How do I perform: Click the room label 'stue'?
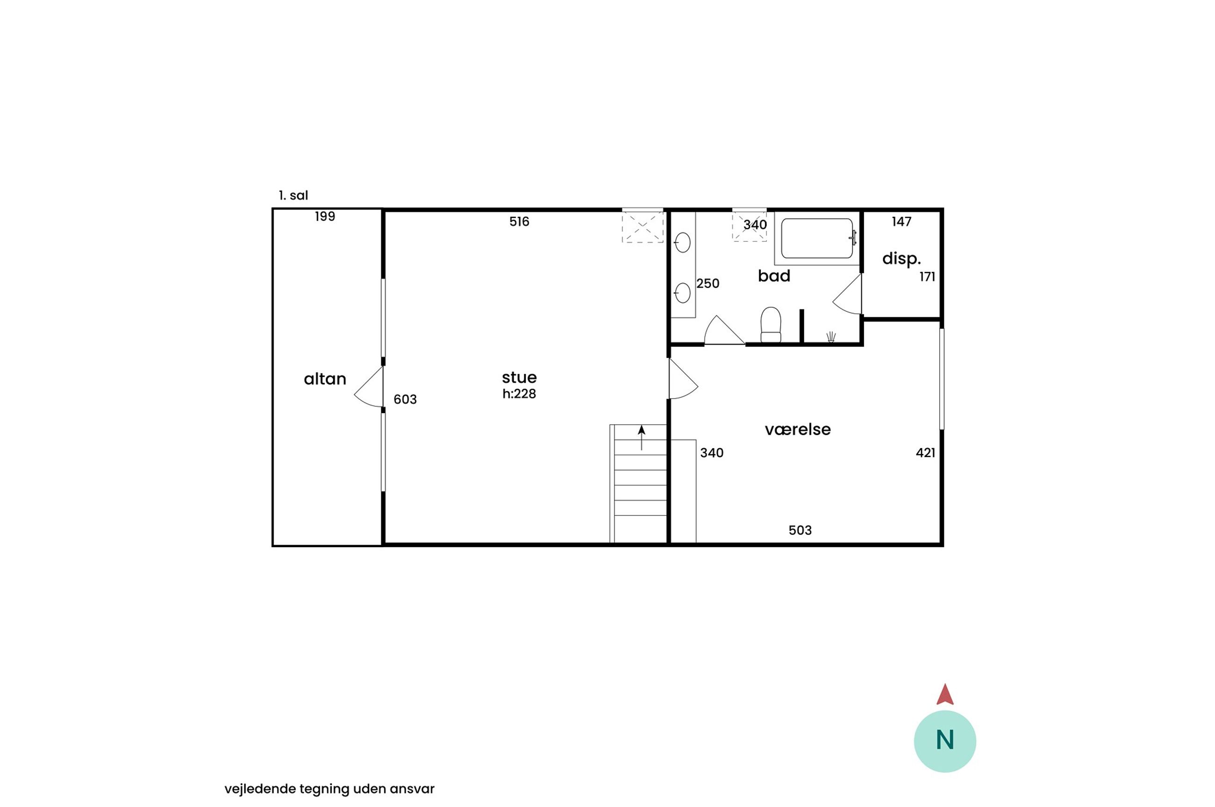tap(519, 377)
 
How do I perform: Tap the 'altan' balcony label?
tap(325, 379)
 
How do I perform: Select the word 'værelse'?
tap(798, 429)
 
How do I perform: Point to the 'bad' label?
tap(774, 276)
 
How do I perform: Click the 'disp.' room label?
tap(901, 258)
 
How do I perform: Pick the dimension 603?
tap(405, 400)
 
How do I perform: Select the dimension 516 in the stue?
tap(519, 221)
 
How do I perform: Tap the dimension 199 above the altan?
tap(325, 216)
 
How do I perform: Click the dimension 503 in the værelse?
tap(800, 530)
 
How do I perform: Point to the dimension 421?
tap(925, 452)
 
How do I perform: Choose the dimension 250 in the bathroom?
tap(708, 283)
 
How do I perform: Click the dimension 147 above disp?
tap(901, 221)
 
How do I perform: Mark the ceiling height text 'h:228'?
tap(519, 394)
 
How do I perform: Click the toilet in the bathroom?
tap(771, 325)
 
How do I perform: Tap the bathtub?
tap(817, 238)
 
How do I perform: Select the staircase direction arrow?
tap(641, 437)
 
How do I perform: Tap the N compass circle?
tap(945, 741)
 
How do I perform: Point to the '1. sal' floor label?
tap(293, 196)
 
